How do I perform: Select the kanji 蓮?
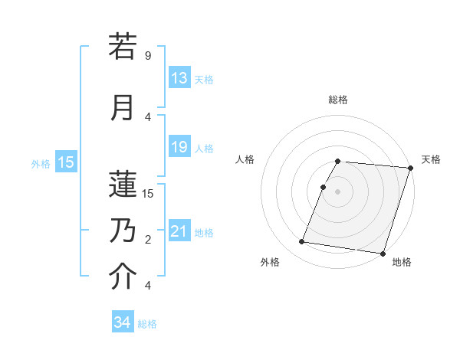pos(123,183)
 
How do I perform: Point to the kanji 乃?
pos(123,229)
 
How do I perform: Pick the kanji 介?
pos(123,277)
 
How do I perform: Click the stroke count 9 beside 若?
pos(148,56)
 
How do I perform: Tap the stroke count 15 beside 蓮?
pos(148,193)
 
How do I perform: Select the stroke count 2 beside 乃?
pos(148,240)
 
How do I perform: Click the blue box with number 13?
pos(179,78)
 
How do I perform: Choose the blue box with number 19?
pos(179,147)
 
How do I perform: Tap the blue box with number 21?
pos(179,231)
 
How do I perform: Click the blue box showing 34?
pos(122,322)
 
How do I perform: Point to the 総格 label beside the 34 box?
pos(147,324)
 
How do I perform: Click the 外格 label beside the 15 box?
pos(41,162)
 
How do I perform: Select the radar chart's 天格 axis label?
pos(431,159)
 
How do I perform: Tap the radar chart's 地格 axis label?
pos(402,262)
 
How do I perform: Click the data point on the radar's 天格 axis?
pos(410,168)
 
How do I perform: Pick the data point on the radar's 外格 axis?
pos(302,242)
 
